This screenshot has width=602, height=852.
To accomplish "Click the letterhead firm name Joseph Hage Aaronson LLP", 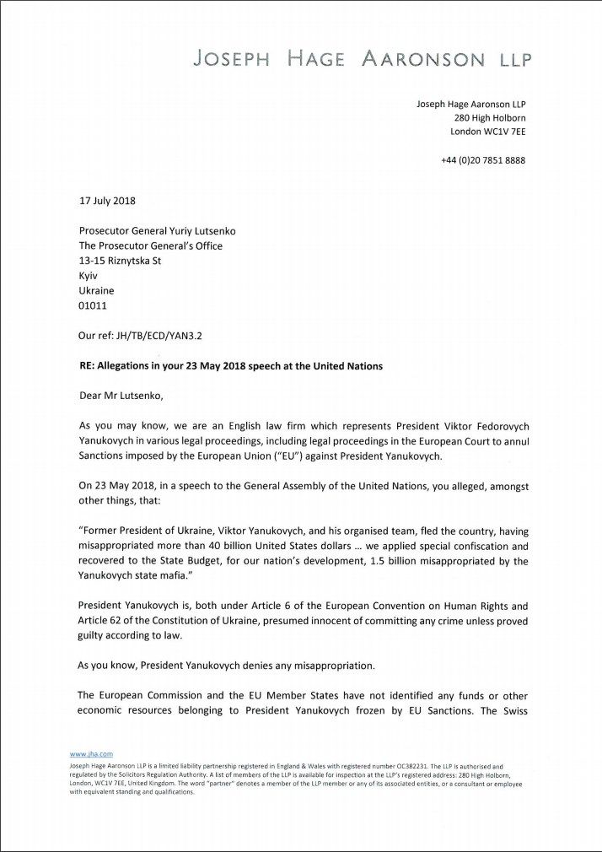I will pyautogui.click(x=363, y=59).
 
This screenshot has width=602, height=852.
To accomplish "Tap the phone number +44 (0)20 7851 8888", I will pyautogui.click(x=483, y=160).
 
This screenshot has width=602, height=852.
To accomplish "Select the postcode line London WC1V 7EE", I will pyautogui.click(x=488, y=132).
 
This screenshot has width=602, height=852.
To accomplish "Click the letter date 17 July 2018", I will pyautogui.click(x=107, y=201).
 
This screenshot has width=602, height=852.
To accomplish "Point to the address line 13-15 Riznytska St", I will pyautogui.click(x=120, y=261).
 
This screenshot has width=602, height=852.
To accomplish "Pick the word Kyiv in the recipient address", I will pyautogui.click(x=88, y=276).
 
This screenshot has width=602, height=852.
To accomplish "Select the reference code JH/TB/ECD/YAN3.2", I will pyautogui.click(x=140, y=335).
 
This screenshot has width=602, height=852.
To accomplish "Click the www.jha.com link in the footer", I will pyautogui.click(x=90, y=753).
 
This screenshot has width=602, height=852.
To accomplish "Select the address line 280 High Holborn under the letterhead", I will pyautogui.click(x=490, y=118).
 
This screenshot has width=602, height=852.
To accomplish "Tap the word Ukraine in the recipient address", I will pyautogui.click(x=96, y=291).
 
